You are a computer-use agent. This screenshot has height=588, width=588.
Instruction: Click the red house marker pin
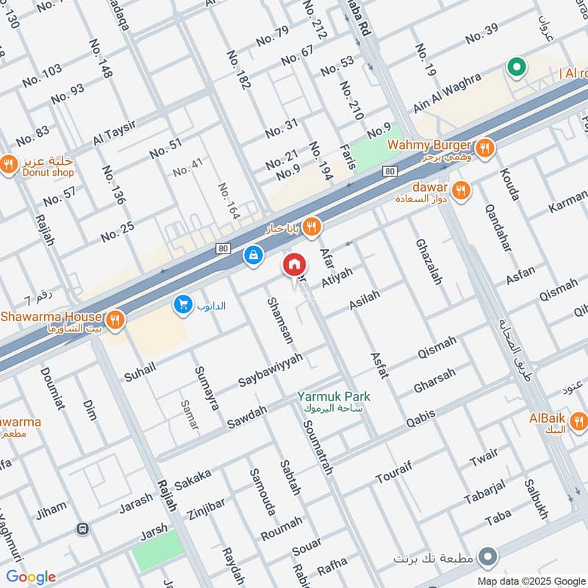[294, 265]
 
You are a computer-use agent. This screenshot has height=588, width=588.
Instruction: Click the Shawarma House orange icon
[114, 320]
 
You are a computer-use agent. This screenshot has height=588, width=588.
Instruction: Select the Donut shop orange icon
[9, 165]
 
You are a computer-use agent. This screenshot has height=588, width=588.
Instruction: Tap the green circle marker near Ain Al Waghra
[517, 68]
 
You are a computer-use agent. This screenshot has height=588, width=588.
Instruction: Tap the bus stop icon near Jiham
[82, 529]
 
